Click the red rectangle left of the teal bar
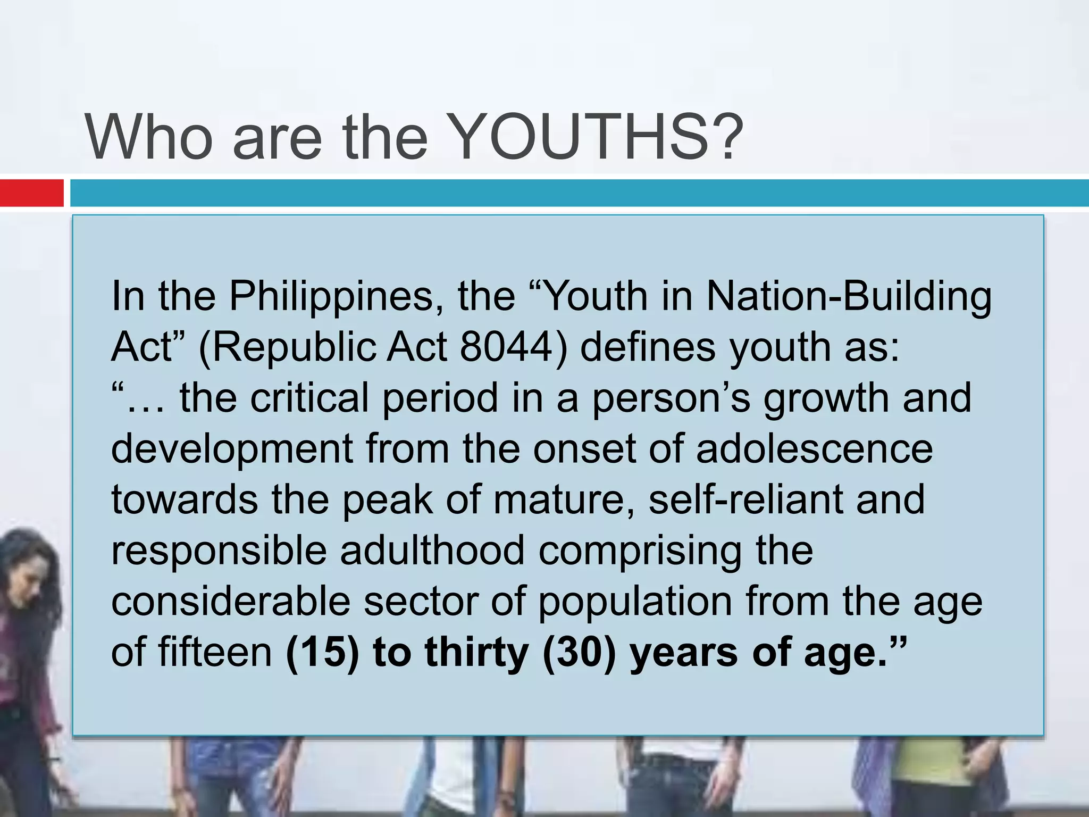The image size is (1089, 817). click(31, 193)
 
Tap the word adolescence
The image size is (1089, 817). click(814, 448)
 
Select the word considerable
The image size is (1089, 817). click(231, 601)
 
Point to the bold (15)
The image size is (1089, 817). click(322, 652)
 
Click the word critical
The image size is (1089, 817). click(309, 398)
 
